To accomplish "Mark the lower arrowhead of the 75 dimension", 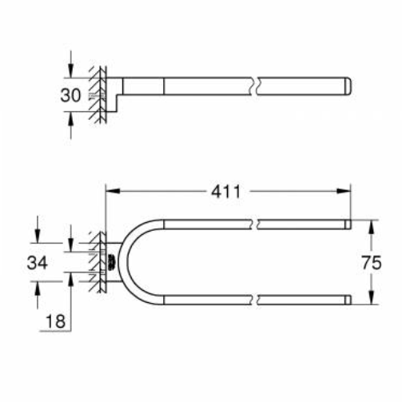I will click(x=369, y=299).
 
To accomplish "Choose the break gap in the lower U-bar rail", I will click(x=258, y=301).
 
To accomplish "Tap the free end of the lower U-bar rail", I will click(x=348, y=301).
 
